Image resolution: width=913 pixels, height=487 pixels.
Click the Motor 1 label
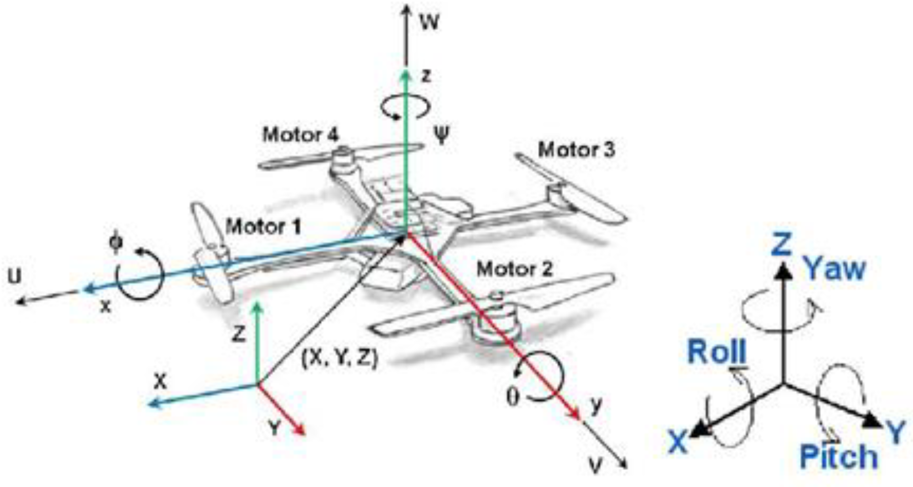[263, 227]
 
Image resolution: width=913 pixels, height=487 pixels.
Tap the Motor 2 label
[515, 269]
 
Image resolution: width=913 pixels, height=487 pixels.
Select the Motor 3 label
[576, 150]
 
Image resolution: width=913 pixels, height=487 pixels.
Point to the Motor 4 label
[301, 135]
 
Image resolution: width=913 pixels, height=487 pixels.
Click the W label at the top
[429, 22]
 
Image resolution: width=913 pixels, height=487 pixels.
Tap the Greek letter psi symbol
[442, 135]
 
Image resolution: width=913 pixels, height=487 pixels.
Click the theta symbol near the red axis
[513, 397]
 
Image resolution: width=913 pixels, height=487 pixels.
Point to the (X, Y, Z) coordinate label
[340, 359]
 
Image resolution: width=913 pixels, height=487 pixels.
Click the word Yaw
[835, 269]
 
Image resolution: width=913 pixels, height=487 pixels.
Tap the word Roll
[717, 352]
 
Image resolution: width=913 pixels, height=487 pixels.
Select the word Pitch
[839, 457]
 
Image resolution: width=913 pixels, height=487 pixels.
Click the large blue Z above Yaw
[781, 244]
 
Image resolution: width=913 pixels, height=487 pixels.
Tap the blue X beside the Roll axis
[678, 441]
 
